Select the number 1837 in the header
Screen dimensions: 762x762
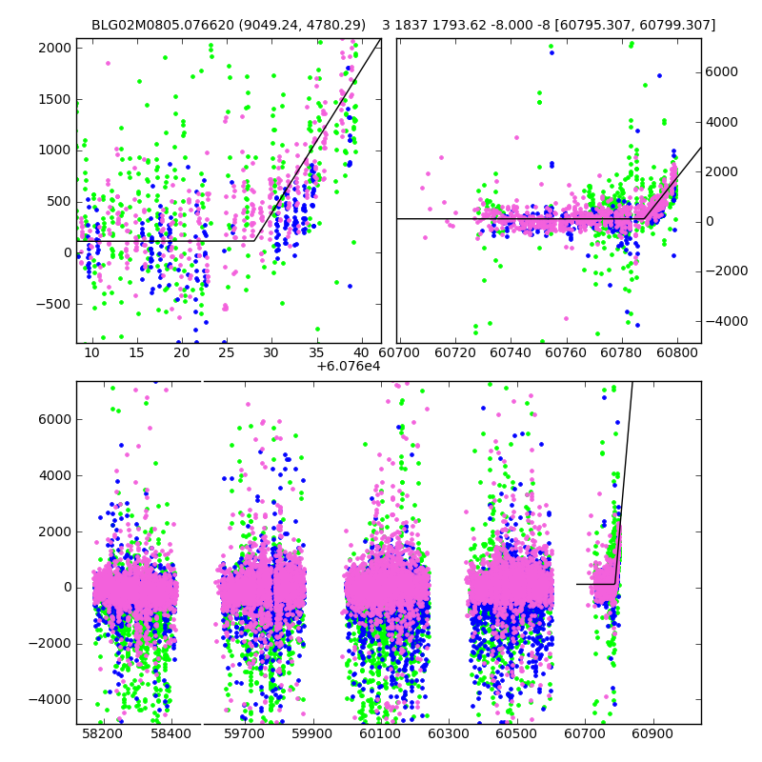(x=411, y=25)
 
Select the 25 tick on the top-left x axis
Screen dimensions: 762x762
(x=227, y=353)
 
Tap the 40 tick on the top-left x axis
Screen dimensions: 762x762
(x=361, y=353)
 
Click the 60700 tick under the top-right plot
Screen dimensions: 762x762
(x=398, y=353)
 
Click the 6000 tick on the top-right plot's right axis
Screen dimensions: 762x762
(x=722, y=71)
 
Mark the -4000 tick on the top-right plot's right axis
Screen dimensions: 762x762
(x=727, y=321)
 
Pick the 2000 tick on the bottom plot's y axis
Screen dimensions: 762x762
(x=53, y=531)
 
